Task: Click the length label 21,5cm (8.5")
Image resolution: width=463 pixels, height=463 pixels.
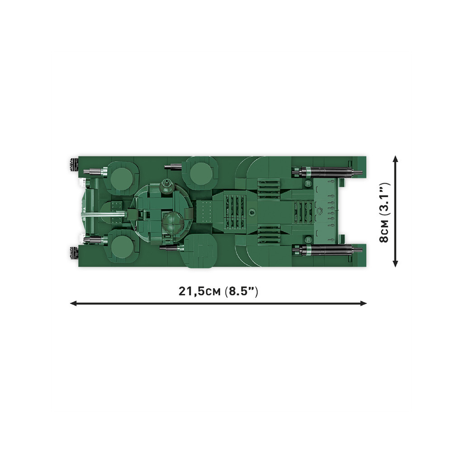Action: (x=218, y=292)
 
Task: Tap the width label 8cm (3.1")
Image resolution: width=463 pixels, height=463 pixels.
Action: (x=385, y=213)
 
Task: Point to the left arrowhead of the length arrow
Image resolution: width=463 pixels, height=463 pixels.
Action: (x=73, y=303)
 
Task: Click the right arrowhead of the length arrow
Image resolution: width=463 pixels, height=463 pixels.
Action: (x=364, y=303)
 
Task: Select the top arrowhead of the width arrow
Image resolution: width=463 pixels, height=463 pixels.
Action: (x=396, y=159)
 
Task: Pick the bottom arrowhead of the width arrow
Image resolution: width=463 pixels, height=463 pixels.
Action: (x=396, y=264)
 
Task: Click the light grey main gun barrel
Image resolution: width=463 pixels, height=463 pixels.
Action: (x=103, y=214)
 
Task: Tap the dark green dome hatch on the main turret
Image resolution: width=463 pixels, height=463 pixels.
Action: (x=173, y=222)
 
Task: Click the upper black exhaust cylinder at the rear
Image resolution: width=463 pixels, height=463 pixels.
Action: (x=327, y=171)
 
